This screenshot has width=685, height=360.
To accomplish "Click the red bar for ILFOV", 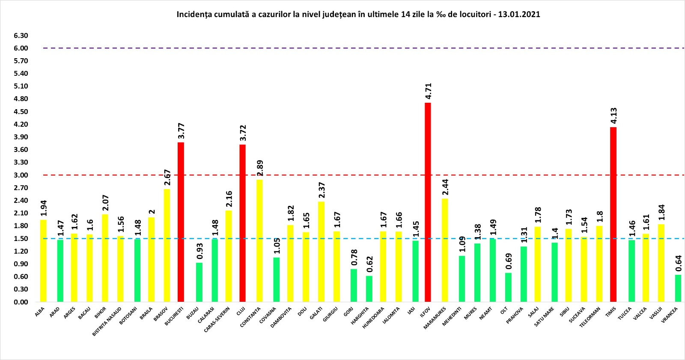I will [427, 202].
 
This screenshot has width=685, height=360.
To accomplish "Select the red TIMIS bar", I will [613, 214].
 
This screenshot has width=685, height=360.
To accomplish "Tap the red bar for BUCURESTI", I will [181, 222].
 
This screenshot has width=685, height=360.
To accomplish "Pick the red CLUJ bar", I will [242, 223].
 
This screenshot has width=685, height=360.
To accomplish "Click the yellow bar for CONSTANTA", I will [259, 241].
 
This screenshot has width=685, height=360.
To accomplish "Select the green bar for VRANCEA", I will [678, 289].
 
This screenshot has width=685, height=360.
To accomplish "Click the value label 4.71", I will [428, 91].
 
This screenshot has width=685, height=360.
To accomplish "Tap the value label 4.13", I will [614, 116].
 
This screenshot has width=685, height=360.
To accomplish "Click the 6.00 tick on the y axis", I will [21, 48].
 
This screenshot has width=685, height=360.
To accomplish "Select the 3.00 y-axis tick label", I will [21, 175].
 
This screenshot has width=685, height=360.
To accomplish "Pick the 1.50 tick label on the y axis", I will [21, 238].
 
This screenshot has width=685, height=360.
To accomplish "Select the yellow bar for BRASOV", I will [167, 245].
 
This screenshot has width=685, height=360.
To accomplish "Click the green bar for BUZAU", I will [199, 282].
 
